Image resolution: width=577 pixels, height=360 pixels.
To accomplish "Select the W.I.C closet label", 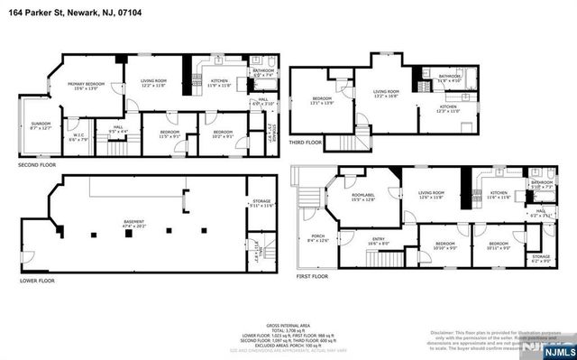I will [78, 138].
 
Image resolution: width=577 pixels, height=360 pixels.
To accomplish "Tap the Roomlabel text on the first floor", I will [362, 197].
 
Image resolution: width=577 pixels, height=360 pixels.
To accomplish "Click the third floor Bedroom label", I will [323, 101].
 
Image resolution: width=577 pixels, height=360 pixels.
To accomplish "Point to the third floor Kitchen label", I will [448, 108].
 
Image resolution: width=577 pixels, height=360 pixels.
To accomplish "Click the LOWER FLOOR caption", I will [38, 281].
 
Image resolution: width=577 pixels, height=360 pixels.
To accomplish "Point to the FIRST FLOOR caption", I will [314, 278].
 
